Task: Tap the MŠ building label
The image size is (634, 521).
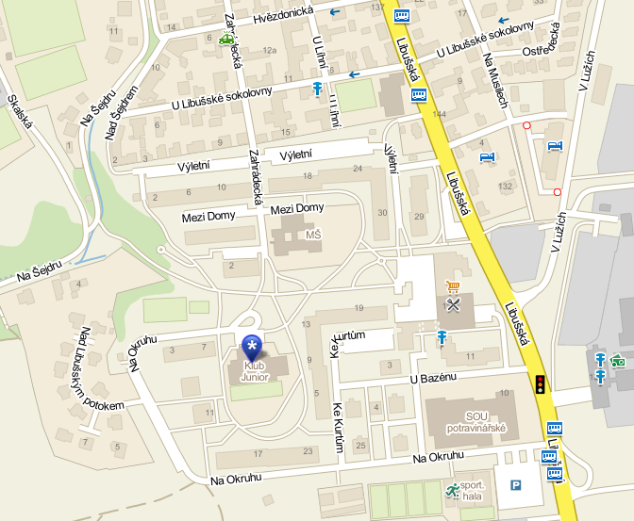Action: click(x=313, y=232)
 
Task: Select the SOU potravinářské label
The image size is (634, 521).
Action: click(x=474, y=421)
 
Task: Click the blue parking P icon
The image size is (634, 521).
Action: click(x=516, y=485)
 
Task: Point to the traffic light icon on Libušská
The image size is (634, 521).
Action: click(x=541, y=383)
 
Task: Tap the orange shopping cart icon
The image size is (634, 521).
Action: click(x=453, y=286)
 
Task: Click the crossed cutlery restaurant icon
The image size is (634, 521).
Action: click(x=455, y=305)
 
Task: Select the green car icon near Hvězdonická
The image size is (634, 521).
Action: click(x=225, y=39)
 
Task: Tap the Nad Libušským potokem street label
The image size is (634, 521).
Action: click(x=102, y=368)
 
